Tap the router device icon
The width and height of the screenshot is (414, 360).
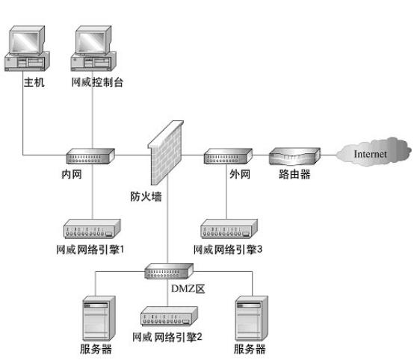pos(294,156)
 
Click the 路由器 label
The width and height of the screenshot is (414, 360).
pos(294,176)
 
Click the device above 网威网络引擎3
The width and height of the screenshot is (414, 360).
pos(229,228)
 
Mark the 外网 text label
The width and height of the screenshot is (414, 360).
pos(239,176)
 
